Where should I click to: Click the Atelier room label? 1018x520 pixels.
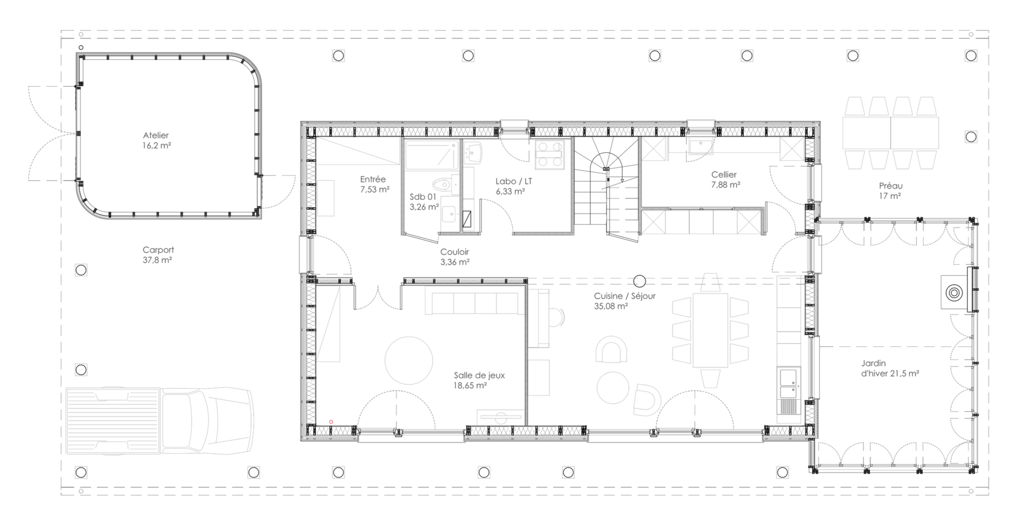[156, 135]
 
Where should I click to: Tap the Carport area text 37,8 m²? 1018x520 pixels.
[157, 260]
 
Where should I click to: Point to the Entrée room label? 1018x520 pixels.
[373, 179]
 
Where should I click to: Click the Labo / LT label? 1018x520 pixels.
[514, 182]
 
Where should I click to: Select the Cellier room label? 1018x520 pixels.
[724, 175]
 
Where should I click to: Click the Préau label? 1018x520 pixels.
[891, 186]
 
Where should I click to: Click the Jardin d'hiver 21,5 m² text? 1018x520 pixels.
[890, 368]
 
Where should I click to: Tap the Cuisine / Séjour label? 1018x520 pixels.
[625, 296]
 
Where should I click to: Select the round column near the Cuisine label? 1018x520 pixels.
[640, 281]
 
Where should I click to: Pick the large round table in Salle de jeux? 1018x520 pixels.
[409, 360]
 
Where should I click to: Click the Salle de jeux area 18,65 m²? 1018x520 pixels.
[470, 385]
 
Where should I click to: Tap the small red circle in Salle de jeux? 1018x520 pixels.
[331, 422]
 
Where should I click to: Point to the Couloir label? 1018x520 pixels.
[455, 252]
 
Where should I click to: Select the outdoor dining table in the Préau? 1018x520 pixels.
[890, 133]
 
